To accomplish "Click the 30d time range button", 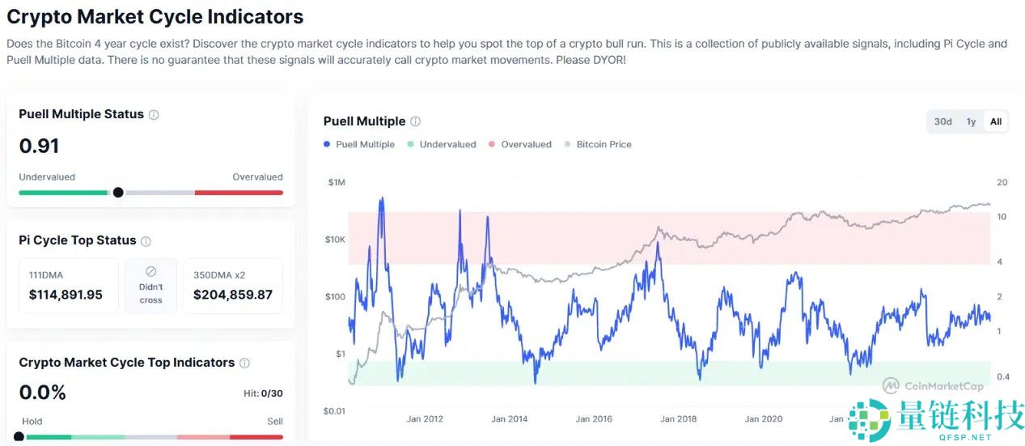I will pos(942,121).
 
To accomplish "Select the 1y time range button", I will pos(971,121).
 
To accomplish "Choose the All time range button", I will pos(996,121).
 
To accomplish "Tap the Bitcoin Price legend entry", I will pos(604,144).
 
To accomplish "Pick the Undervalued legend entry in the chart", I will pos(444,144).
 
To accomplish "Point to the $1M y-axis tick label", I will pos(336,182).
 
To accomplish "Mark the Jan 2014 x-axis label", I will pos(510,418).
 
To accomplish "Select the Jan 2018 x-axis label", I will pos(678,418).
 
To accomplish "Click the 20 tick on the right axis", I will pos(1001,182).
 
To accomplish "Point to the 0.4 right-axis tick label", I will pos(1003,376).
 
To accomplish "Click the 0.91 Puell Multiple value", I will pos(39,147).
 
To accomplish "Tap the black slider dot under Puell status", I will pos(118,193).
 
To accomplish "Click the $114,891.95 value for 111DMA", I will pos(66,295).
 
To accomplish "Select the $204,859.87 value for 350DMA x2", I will pos(233,295).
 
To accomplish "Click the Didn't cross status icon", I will pos(150,272).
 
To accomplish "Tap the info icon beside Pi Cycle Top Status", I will pos(146,241).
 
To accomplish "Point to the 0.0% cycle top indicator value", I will pos(43,393).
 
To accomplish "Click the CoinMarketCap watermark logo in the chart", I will pos(892,385).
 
